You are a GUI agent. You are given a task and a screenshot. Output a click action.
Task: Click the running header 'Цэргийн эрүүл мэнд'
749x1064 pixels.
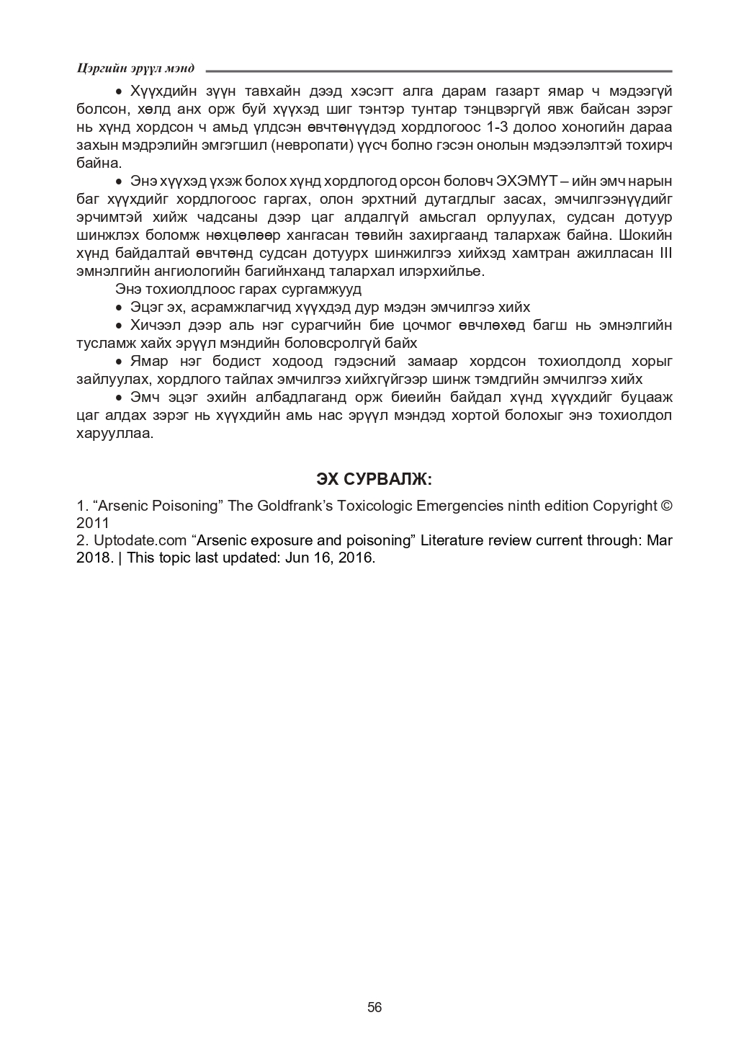pos(135,68)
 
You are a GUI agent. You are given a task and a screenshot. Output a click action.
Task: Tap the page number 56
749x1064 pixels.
pos(374,1006)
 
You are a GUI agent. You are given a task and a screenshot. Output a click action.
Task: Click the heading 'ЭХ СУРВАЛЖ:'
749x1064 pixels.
pos(374,479)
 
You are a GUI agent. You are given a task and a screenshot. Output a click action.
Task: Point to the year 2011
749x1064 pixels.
pos(92,522)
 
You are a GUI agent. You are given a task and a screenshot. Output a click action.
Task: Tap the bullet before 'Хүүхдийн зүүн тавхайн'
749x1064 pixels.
pos(120,92)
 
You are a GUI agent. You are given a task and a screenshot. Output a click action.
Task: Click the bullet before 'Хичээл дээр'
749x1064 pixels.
pos(120,326)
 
